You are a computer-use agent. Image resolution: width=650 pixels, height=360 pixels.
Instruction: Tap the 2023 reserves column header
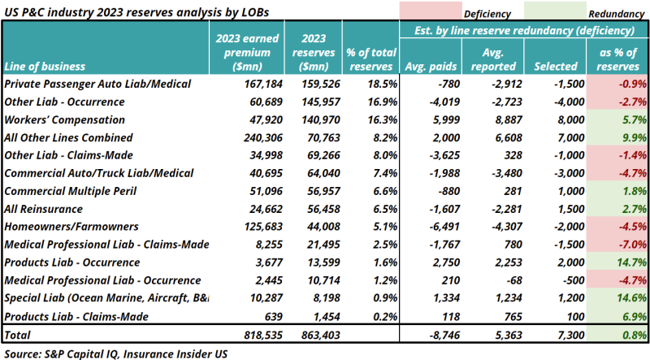(x=314, y=51)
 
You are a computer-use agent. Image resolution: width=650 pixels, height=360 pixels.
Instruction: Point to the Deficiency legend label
(x=487, y=14)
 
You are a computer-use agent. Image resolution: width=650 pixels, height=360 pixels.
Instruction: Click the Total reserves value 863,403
(x=314, y=333)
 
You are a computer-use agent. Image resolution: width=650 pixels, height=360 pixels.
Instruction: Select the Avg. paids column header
(x=428, y=66)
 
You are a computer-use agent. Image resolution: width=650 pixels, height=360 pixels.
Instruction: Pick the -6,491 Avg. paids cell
(x=428, y=227)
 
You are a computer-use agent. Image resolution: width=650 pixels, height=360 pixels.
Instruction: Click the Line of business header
(x=47, y=67)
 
